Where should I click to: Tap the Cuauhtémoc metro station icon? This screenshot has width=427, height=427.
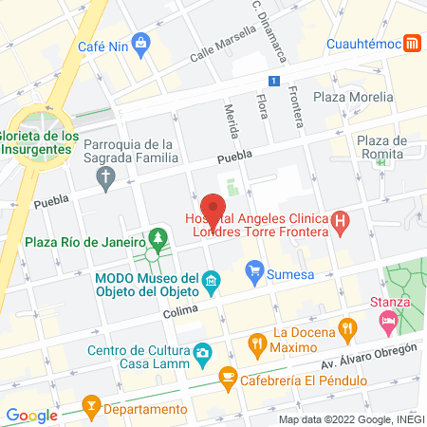tap(413, 43)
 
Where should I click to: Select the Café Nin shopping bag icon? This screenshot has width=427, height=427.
tap(141, 43)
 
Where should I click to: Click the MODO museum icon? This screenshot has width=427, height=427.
tap(213, 280)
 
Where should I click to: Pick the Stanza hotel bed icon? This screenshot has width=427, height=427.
tap(387, 323)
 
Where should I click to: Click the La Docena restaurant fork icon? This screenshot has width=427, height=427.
tap(349, 331)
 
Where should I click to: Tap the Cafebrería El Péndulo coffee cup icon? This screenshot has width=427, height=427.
tap(227, 377)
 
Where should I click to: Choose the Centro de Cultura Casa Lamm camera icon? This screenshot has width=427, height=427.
tap(202, 354)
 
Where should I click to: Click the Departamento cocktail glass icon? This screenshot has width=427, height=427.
tap(90, 409)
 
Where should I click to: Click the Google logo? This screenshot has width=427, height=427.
tap(31, 415)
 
